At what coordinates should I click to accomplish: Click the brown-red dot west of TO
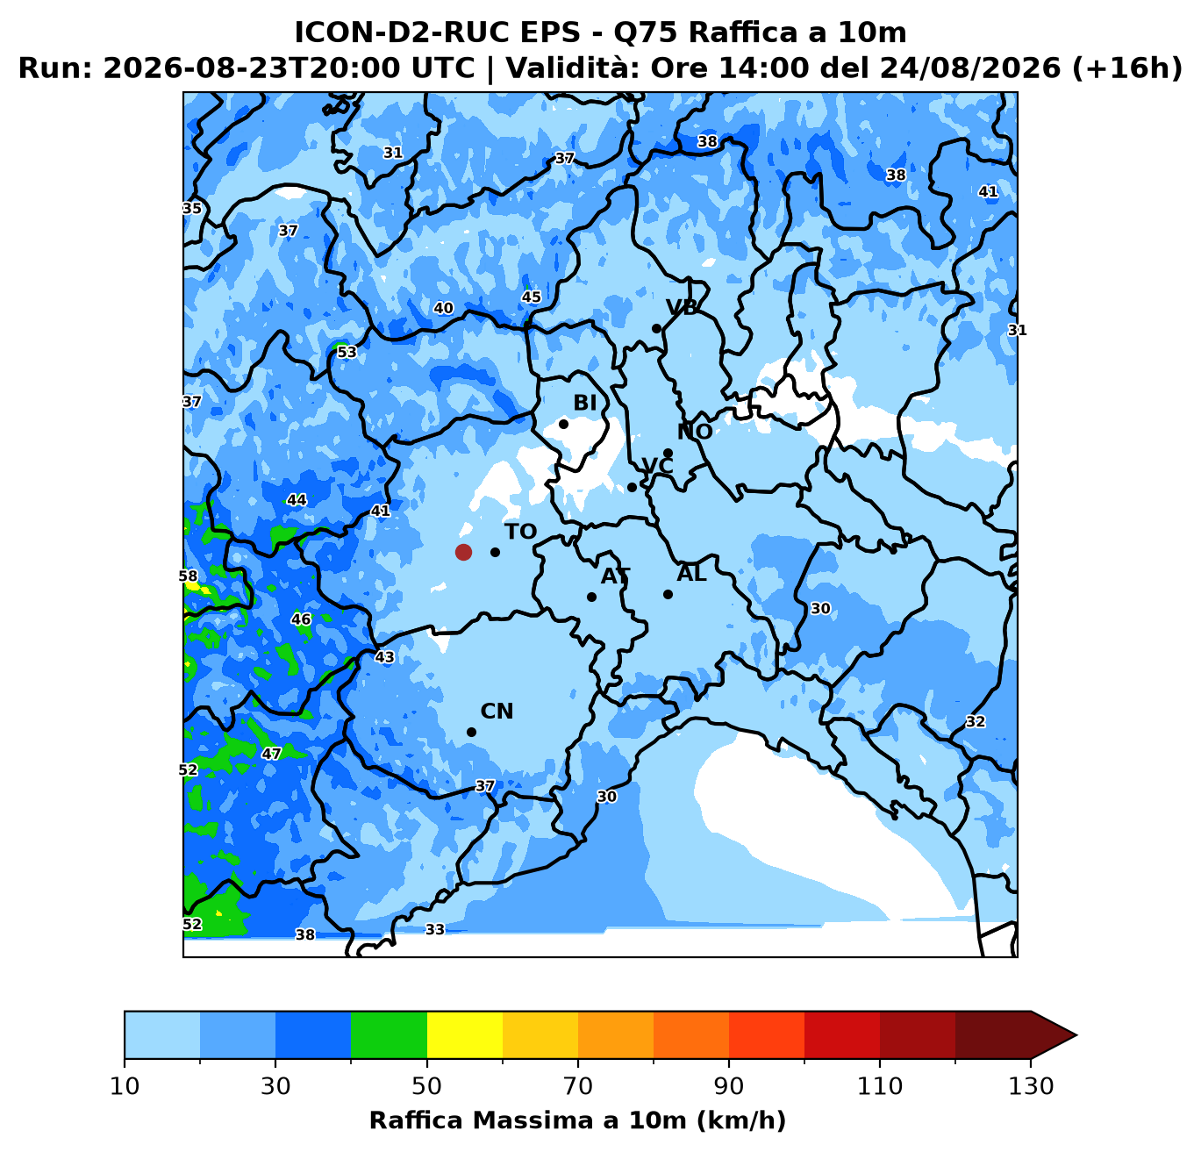tap(463, 552)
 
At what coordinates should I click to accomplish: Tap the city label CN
tap(497, 712)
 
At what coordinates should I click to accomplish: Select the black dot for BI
tap(563, 424)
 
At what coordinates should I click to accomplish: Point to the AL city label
tap(691, 574)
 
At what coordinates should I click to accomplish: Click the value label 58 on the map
tap(188, 576)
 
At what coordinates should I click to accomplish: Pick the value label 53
tap(347, 352)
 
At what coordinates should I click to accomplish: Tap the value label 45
tap(531, 297)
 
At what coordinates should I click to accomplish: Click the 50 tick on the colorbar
tap(426, 1063)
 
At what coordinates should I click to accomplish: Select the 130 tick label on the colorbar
tap(1030, 1086)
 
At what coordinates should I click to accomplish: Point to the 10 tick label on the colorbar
tap(125, 1086)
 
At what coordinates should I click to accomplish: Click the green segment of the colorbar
tap(389, 1034)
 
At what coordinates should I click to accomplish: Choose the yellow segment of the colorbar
tap(465, 1034)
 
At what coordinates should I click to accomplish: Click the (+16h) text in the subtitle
tap(1127, 68)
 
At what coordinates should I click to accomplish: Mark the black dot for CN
tap(471, 733)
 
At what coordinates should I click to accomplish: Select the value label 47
tap(271, 754)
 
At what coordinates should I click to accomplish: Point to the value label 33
tap(434, 929)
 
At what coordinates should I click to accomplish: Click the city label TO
tap(520, 532)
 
